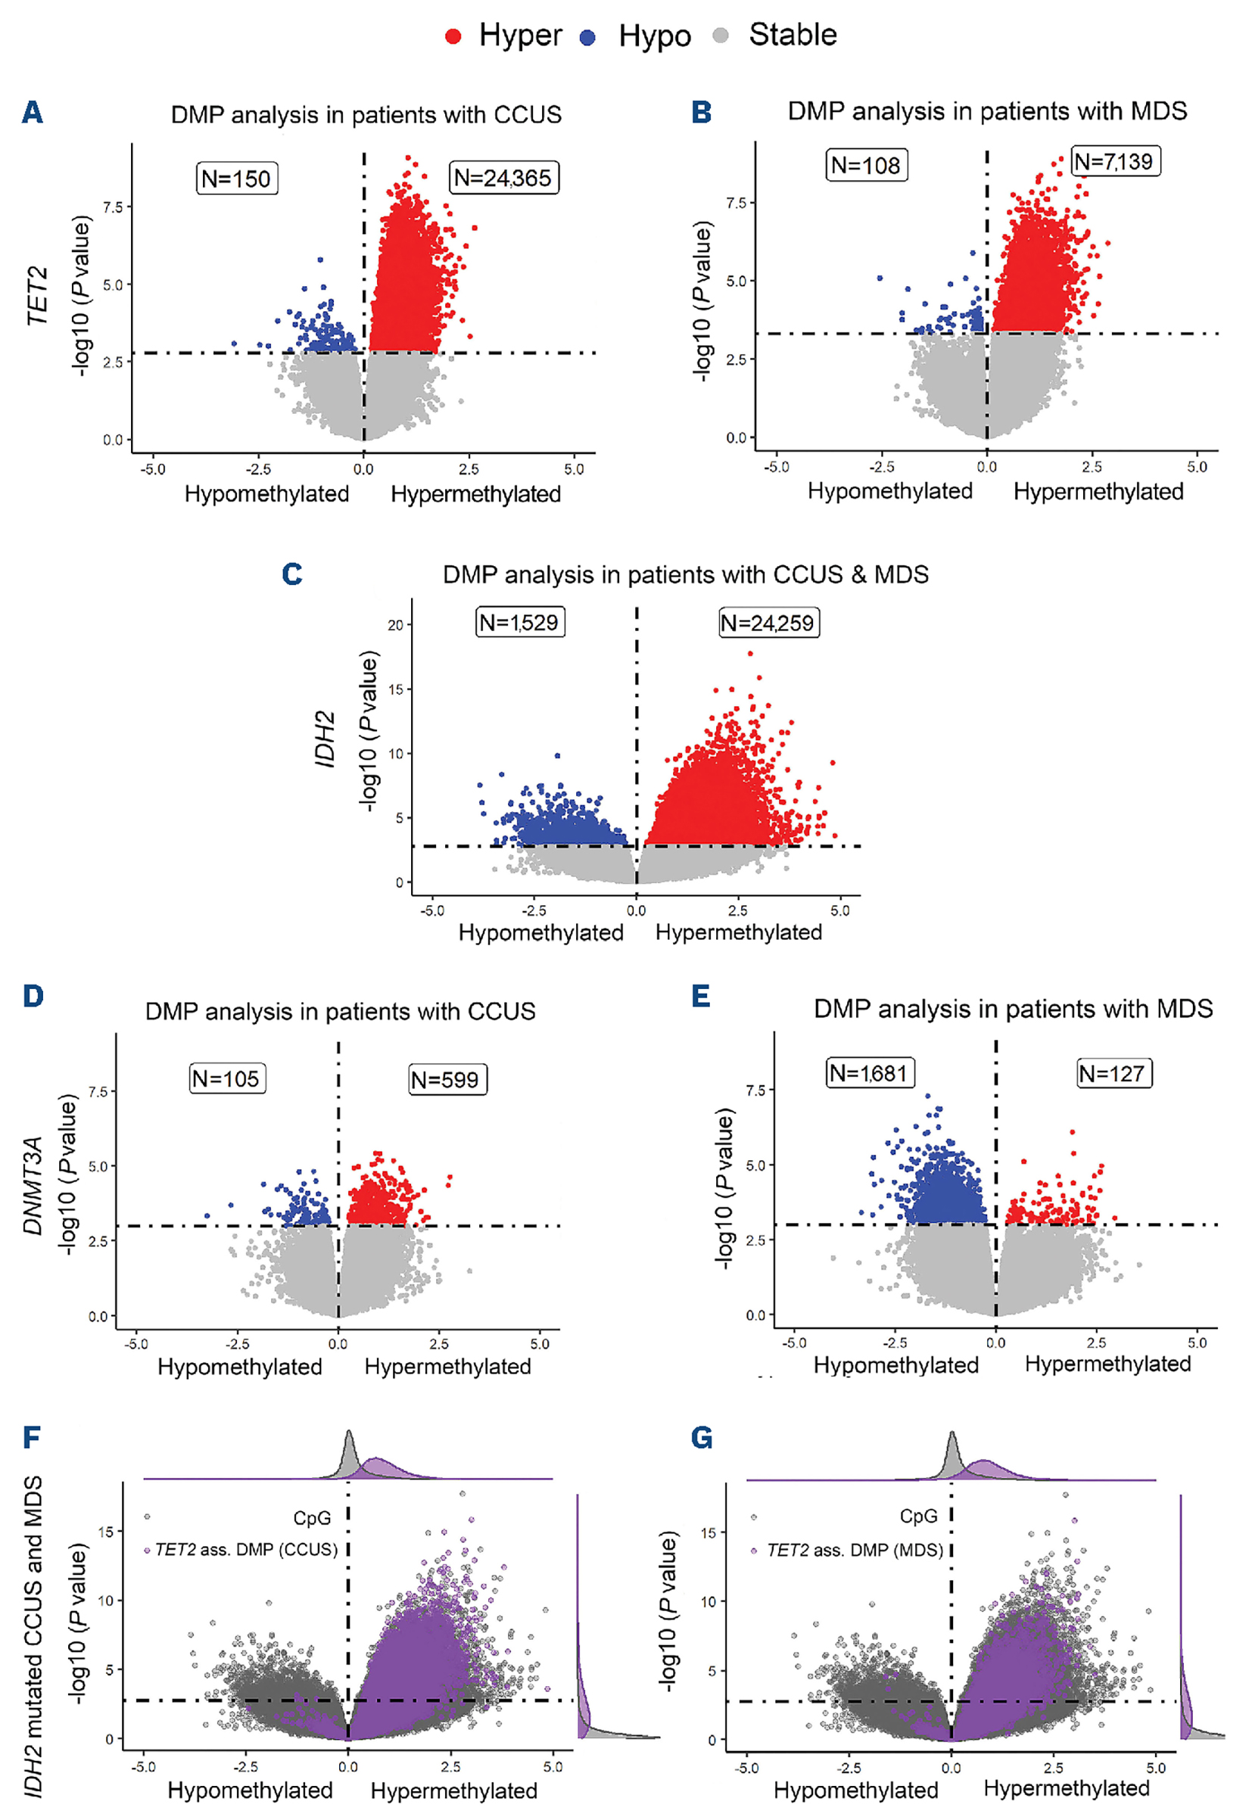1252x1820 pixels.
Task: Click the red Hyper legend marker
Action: (453, 36)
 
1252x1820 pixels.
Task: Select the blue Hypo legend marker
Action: (587, 37)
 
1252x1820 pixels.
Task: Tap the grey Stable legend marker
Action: (721, 36)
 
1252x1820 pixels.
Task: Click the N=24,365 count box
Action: (503, 178)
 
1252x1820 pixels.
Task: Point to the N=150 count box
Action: (235, 179)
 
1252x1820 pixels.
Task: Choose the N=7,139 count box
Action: (1113, 161)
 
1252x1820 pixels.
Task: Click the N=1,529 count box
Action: (519, 623)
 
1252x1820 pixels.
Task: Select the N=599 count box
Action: (446, 1080)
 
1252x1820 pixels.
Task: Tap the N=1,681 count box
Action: (868, 1073)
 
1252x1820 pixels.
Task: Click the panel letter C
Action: (292, 574)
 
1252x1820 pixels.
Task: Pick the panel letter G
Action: (701, 1438)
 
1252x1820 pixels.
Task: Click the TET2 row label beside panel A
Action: (36, 297)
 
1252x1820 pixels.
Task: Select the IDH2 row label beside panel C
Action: (325, 739)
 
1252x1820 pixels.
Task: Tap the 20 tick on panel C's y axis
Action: (395, 625)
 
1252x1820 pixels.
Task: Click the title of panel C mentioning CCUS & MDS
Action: (685, 575)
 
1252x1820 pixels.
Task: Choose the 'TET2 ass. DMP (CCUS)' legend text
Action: (245, 1551)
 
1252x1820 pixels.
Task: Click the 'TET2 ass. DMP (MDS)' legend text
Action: (855, 1551)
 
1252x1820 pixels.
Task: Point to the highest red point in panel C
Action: (750, 653)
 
